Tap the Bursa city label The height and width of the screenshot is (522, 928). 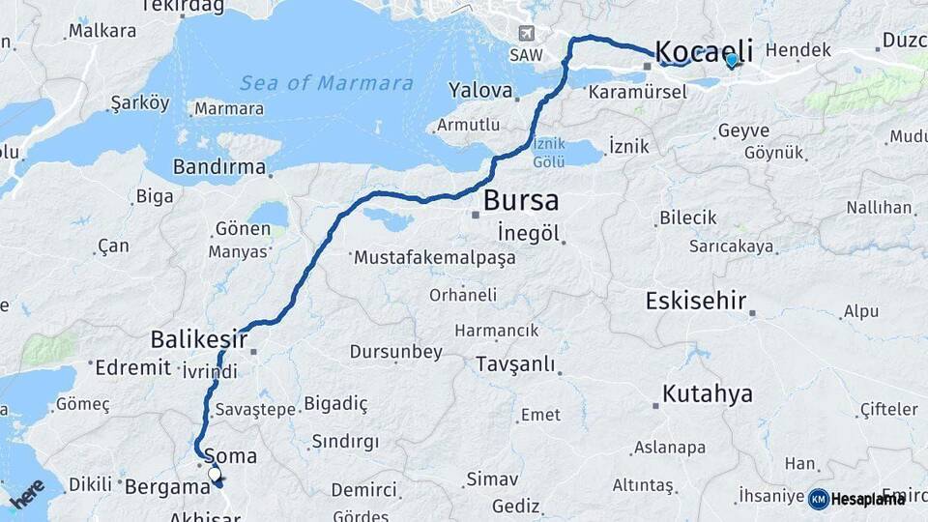click(x=521, y=201)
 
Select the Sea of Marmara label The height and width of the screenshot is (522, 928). click(x=327, y=83)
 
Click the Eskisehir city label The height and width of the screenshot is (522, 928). click(x=696, y=301)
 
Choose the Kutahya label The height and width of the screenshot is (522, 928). click(x=708, y=393)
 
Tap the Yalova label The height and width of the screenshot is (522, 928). click(x=480, y=91)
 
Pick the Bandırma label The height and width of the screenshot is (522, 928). click(x=219, y=167)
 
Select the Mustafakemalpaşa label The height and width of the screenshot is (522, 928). click(x=435, y=258)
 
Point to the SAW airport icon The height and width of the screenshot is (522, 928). click(x=526, y=35)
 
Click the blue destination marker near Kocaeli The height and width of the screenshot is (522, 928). click(x=732, y=61)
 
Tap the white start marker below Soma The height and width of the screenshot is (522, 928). click(x=215, y=475)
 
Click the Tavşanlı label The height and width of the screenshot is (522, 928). click(x=515, y=364)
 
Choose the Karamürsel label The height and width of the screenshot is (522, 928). click(x=637, y=93)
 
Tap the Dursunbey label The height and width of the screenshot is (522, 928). click(x=396, y=352)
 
